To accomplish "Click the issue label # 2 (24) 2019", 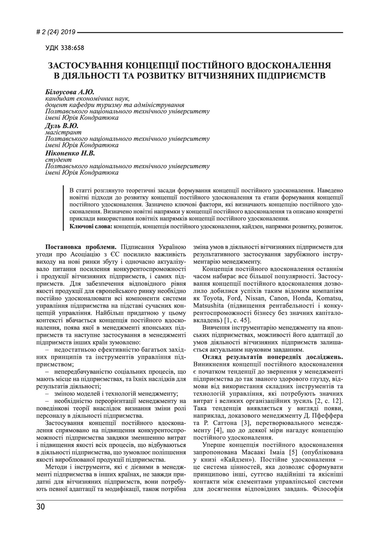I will [x=56, y=32].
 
